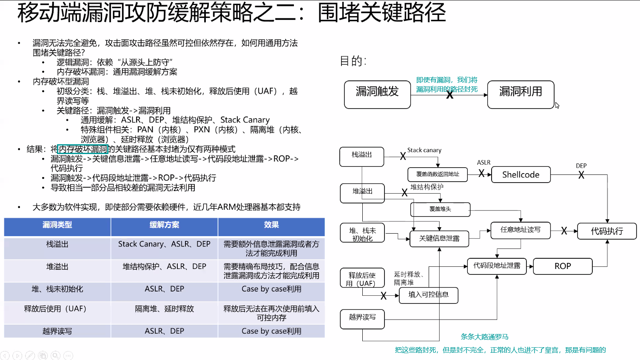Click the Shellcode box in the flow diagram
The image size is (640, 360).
(521, 174)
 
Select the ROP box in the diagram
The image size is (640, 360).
(562, 266)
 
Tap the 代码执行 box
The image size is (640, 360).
(606, 231)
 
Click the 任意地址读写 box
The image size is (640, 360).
(521, 230)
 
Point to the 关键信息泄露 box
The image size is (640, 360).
(439, 238)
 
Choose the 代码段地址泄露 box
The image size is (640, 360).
(496, 266)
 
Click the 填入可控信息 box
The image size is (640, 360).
(428, 294)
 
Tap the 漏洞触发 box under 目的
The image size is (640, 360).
(377, 94)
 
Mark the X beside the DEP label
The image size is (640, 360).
(581, 175)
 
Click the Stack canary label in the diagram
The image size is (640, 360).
(424, 150)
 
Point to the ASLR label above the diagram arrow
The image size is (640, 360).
(484, 163)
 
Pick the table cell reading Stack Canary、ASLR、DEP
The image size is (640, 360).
(164, 244)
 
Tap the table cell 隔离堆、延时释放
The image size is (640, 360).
(164, 309)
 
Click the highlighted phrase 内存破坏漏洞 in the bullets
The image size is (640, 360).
(83, 149)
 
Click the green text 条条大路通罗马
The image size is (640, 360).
(484, 337)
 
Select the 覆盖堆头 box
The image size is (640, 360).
(440, 209)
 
